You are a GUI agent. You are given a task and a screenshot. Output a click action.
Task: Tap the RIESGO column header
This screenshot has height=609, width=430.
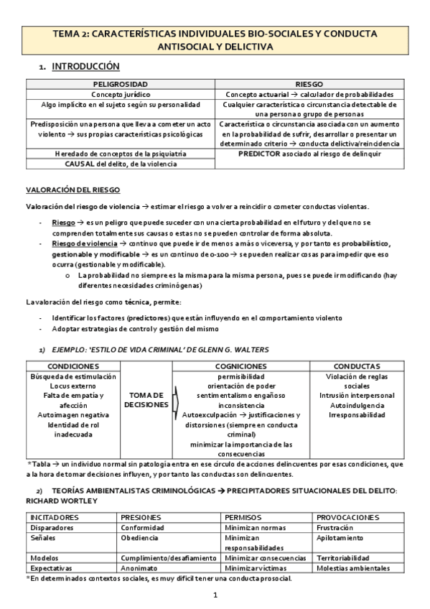pyautogui.click(x=309, y=84)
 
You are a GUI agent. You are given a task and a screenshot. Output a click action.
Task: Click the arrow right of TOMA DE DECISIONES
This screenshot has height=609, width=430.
pyautogui.click(x=175, y=404)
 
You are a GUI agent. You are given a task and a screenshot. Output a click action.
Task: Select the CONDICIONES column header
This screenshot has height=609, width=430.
pyautogui.click(x=73, y=366)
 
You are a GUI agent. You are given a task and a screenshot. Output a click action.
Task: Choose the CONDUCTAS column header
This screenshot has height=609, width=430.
pyautogui.click(x=357, y=366)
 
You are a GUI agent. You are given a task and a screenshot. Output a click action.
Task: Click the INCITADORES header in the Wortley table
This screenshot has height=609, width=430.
pyautogui.click(x=56, y=517)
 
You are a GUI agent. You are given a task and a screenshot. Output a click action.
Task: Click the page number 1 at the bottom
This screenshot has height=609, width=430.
pyautogui.click(x=215, y=595)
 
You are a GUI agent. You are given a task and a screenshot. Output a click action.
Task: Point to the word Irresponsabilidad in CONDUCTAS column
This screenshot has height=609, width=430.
pyautogui.click(x=357, y=415)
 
